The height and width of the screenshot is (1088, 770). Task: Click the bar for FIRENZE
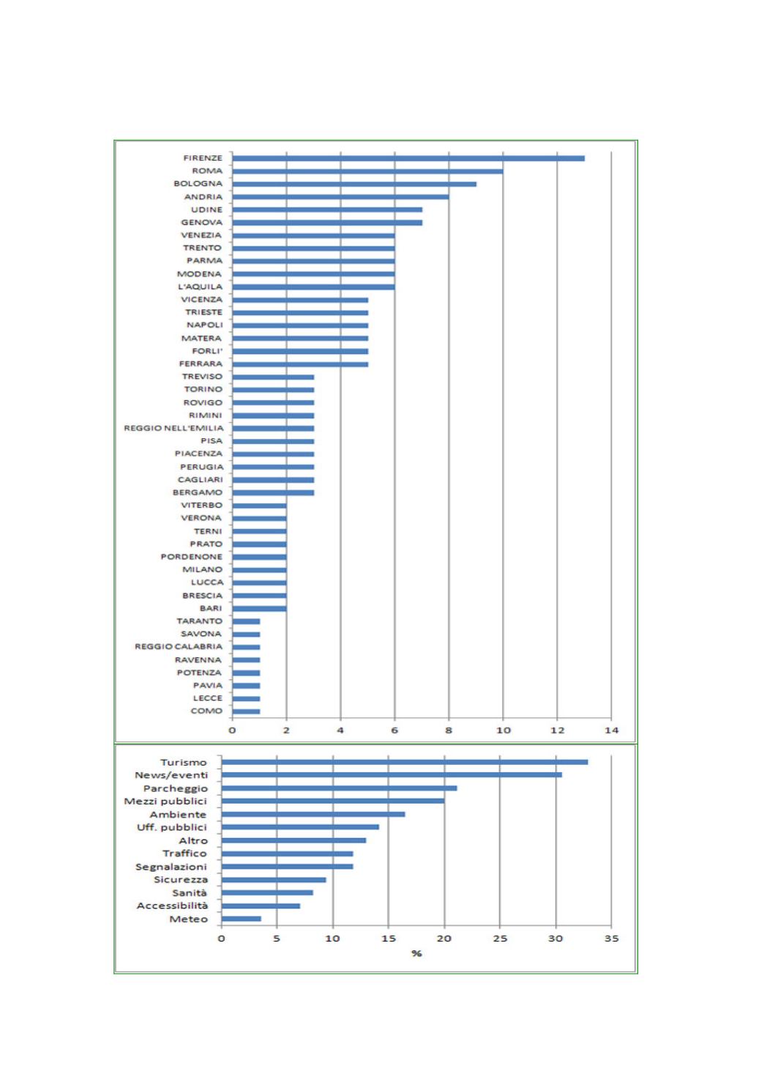coord(408,158)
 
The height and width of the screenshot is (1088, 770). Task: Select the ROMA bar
coord(367,171)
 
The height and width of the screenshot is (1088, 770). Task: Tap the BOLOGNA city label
coord(198,184)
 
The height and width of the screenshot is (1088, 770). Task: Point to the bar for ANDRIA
coord(340,197)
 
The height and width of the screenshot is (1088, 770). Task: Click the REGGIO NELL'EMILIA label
coord(173,428)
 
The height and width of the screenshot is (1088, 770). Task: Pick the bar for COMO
coord(246,711)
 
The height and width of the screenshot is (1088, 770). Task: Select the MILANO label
coord(202,569)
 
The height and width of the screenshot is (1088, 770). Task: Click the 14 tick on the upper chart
coord(611,730)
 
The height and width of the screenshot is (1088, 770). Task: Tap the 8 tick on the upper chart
coord(449,730)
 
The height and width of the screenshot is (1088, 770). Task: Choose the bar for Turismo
coord(404,762)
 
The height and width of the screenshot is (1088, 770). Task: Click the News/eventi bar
coord(392,774)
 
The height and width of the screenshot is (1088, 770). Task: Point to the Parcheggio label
coord(176,788)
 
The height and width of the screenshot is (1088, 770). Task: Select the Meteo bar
coord(241,919)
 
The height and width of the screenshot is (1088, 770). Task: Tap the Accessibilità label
coord(172,906)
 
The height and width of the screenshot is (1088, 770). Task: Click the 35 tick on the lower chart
coord(611,939)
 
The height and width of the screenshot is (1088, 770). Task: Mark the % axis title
coord(416,953)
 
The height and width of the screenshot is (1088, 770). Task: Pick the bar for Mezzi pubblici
coord(332,801)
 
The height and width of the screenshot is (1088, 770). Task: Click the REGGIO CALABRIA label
coord(178,647)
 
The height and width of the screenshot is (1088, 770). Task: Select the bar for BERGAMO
coord(273,492)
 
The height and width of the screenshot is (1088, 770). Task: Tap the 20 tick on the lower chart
coord(444,939)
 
